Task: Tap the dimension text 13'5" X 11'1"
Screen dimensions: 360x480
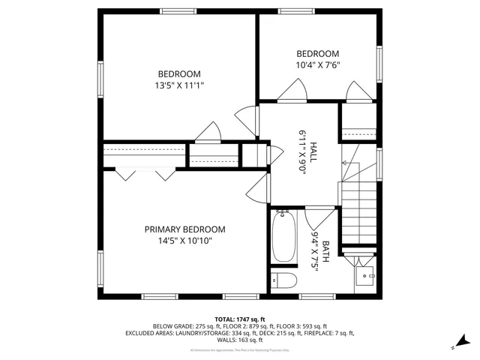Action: [178, 85]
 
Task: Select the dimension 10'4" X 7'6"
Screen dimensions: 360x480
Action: [317, 65]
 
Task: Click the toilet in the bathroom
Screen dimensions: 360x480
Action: [283, 281]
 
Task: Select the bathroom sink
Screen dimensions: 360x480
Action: [366, 275]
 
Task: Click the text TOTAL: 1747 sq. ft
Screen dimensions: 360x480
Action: [239, 319]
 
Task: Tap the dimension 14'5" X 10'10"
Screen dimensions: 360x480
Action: [184, 241]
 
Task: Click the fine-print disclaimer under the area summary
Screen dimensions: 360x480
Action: [239, 349]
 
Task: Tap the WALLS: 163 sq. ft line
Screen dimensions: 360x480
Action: [239, 340]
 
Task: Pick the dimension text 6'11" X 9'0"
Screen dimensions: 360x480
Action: [302, 152]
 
